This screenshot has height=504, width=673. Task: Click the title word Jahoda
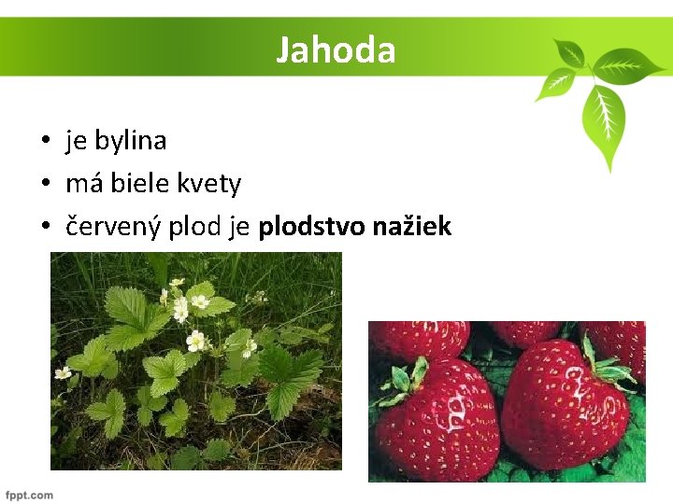pyautogui.click(x=336, y=49)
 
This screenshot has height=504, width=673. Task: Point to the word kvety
pyautogui.click(x=210, y=184)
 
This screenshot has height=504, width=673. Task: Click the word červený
pyautogui.click(x=114, y=226)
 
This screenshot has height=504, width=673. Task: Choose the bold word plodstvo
pyautogui.click(x=312, y=226)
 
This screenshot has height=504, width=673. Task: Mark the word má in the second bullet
pyautogui.click(x=84, y=184)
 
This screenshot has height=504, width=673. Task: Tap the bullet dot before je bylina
pyautogui.click(x=45, y=142)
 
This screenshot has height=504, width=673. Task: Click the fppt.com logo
pyautogui.click(x=29, y=495)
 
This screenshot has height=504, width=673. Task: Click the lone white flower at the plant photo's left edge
pyautogui.click(x=63, y=372)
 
